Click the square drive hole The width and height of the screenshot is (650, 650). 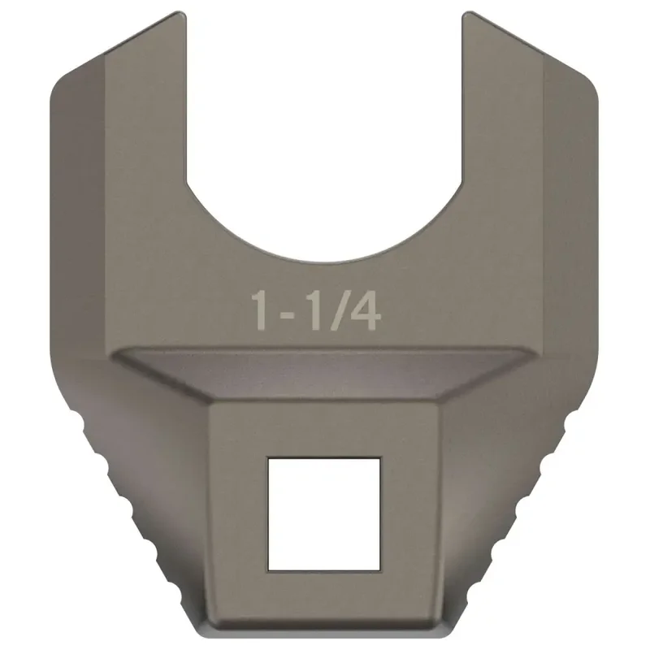(323, 513)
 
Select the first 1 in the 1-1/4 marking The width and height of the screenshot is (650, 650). (261, 310)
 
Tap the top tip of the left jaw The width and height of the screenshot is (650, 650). (181, 13)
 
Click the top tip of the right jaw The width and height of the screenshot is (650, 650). (467, 13)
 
